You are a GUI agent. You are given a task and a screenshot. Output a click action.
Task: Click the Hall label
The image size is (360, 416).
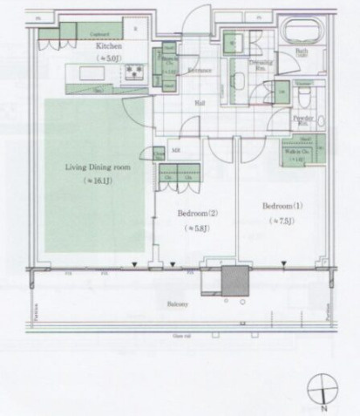click(200, 101)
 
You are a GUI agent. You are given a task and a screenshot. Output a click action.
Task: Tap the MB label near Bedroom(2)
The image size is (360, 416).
click(175, 150)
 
